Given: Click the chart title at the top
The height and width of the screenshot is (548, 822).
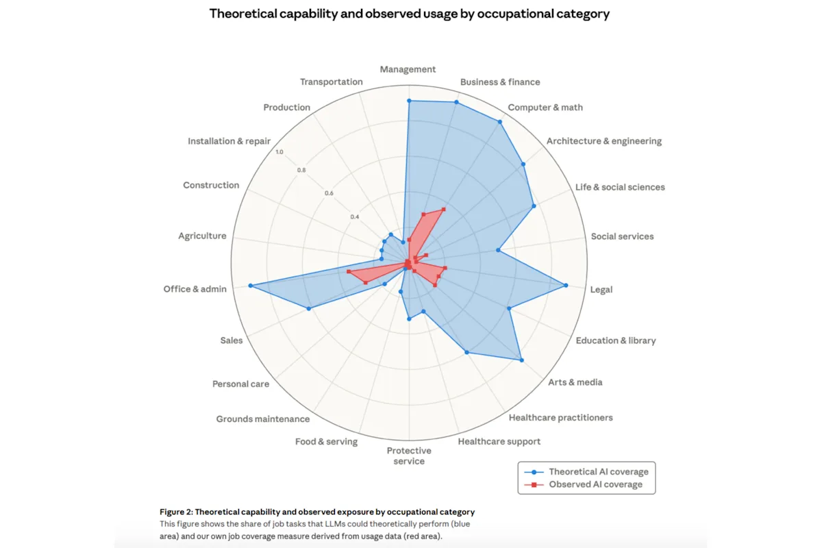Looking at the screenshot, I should click(409, 14).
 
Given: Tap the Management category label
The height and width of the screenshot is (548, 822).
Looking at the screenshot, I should click(408, 69).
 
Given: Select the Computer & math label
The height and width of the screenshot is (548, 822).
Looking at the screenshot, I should click(545, 108).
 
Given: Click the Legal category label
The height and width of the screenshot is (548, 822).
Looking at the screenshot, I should click(601, 289).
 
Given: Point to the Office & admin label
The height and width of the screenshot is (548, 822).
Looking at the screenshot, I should click(195, 289).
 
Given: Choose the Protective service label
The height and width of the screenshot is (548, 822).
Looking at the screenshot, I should click(409, 456).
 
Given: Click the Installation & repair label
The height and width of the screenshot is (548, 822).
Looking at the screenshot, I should click(229, 141).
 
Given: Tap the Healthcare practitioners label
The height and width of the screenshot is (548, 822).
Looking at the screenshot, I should click(560, 417).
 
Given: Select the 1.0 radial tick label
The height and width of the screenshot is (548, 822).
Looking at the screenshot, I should click(279, 152).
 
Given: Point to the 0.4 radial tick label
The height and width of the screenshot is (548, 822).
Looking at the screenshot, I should click(354, 216).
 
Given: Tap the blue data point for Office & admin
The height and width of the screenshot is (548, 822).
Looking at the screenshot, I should click(250, 285).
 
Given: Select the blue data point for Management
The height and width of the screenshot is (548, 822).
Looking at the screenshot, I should click(409, 101).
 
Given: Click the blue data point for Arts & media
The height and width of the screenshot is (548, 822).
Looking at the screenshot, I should click(521, 360).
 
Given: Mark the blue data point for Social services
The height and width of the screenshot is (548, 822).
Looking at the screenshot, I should click(498, 251).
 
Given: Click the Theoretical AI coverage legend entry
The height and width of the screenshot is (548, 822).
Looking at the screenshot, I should click(598, 471).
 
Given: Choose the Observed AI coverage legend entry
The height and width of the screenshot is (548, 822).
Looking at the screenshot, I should click(595, 484).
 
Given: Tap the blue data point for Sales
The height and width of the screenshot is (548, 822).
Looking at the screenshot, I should click(309, 309).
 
